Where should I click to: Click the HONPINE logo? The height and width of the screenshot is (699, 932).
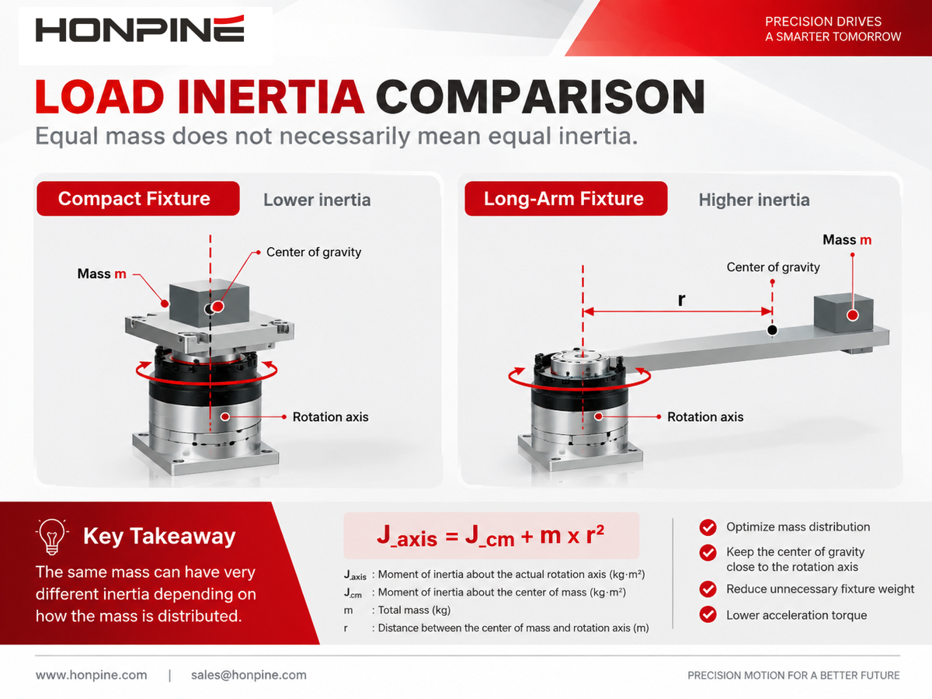click(140, 29)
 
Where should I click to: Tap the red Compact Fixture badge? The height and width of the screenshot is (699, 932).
click(138, 199)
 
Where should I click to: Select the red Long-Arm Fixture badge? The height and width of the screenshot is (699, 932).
click(566, 199)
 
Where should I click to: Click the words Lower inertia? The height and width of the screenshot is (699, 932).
click(317, 200)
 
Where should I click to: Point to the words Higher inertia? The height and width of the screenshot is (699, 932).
click(754, 200)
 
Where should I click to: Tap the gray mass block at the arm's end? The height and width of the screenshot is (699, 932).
click(843, 314)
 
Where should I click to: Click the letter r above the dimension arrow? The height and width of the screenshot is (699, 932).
click(681, 300)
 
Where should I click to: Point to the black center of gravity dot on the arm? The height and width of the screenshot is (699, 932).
click(772, 330)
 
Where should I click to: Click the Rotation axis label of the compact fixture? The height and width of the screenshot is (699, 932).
click(330, 417)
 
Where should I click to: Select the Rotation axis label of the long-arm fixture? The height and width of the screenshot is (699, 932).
click(705, 417)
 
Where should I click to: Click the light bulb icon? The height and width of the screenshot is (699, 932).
click(52, 537)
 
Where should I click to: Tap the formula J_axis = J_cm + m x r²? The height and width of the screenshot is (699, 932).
click(491, 536)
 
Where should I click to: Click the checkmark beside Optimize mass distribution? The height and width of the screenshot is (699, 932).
click(708, 527)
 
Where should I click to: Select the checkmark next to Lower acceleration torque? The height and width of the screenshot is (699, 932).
click(708, 614)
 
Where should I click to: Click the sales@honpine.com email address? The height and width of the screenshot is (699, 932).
click(249, 675)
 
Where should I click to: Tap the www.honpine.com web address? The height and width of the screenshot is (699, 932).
click(92, 675)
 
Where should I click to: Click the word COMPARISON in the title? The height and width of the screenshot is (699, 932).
click(541, 97)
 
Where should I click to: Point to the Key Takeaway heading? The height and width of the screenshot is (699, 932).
click(159, 536)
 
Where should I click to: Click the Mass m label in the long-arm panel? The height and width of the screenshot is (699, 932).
click(847, 240)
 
